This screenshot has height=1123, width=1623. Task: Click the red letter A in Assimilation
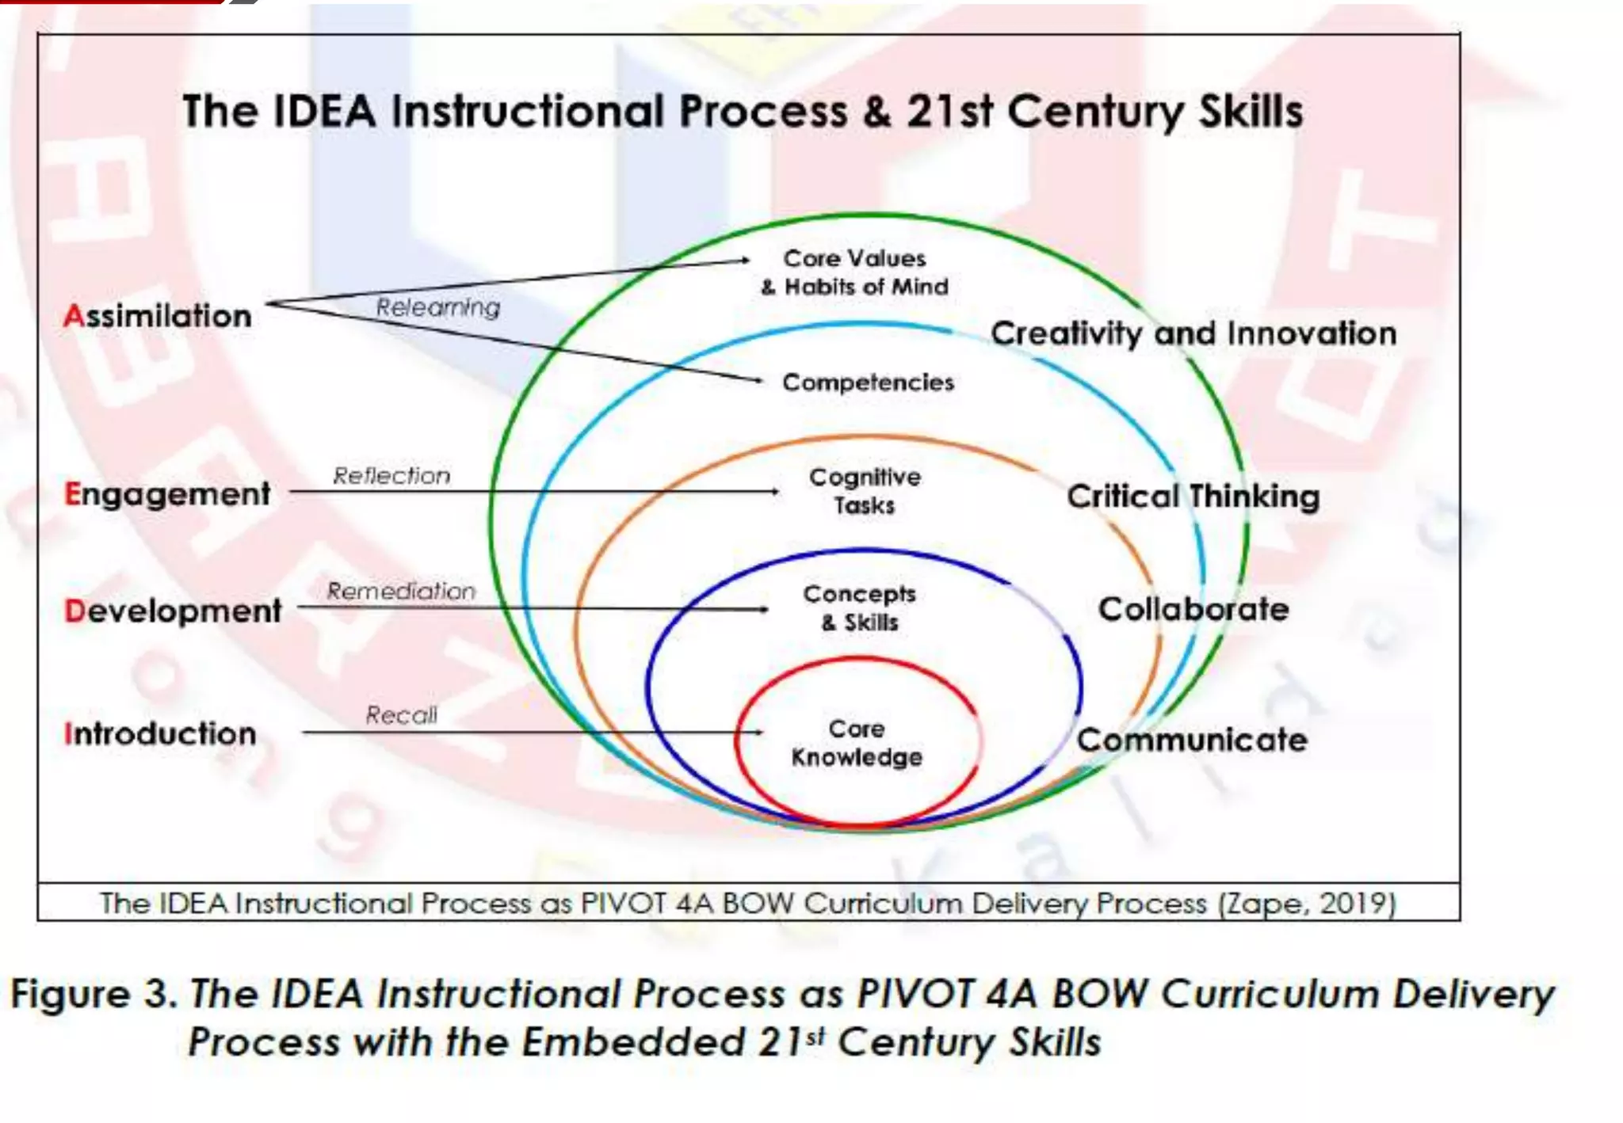74,316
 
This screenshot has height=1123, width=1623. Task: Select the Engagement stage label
167,494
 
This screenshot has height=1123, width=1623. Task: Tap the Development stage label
173,611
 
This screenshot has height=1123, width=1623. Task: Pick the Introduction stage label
160,734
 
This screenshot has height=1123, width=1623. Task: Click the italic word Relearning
437,307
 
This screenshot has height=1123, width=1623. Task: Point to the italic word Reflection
391,476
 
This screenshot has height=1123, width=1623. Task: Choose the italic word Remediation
401,592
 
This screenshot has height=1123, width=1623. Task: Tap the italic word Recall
401,715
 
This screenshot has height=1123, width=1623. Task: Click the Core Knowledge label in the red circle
857,743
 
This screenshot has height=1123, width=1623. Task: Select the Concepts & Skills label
860,608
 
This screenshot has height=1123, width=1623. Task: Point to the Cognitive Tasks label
865,491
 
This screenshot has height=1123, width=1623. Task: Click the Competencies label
868,383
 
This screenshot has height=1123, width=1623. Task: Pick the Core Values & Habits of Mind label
855,272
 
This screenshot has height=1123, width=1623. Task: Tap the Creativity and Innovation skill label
1193,333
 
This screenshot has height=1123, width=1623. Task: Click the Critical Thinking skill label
1193,497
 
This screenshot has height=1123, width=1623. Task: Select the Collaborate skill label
1193,610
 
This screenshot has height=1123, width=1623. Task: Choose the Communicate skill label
1192,740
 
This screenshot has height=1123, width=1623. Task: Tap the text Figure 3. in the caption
94,994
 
